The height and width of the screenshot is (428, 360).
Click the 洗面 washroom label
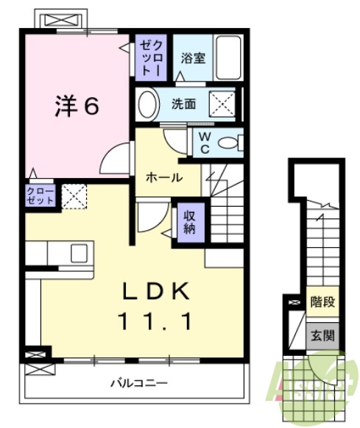click(x=184, y=104)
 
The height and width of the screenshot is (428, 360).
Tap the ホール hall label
click(x=163, y=177)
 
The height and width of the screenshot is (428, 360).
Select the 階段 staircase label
click(x=322, y=301)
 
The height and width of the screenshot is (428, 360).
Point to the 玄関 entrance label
click(x=322, y=335)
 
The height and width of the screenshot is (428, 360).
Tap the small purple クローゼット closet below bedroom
click(x=40, y=194)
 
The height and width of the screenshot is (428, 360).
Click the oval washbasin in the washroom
click(x=147, y=104)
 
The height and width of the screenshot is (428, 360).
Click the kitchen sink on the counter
click(x=78, y=252)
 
